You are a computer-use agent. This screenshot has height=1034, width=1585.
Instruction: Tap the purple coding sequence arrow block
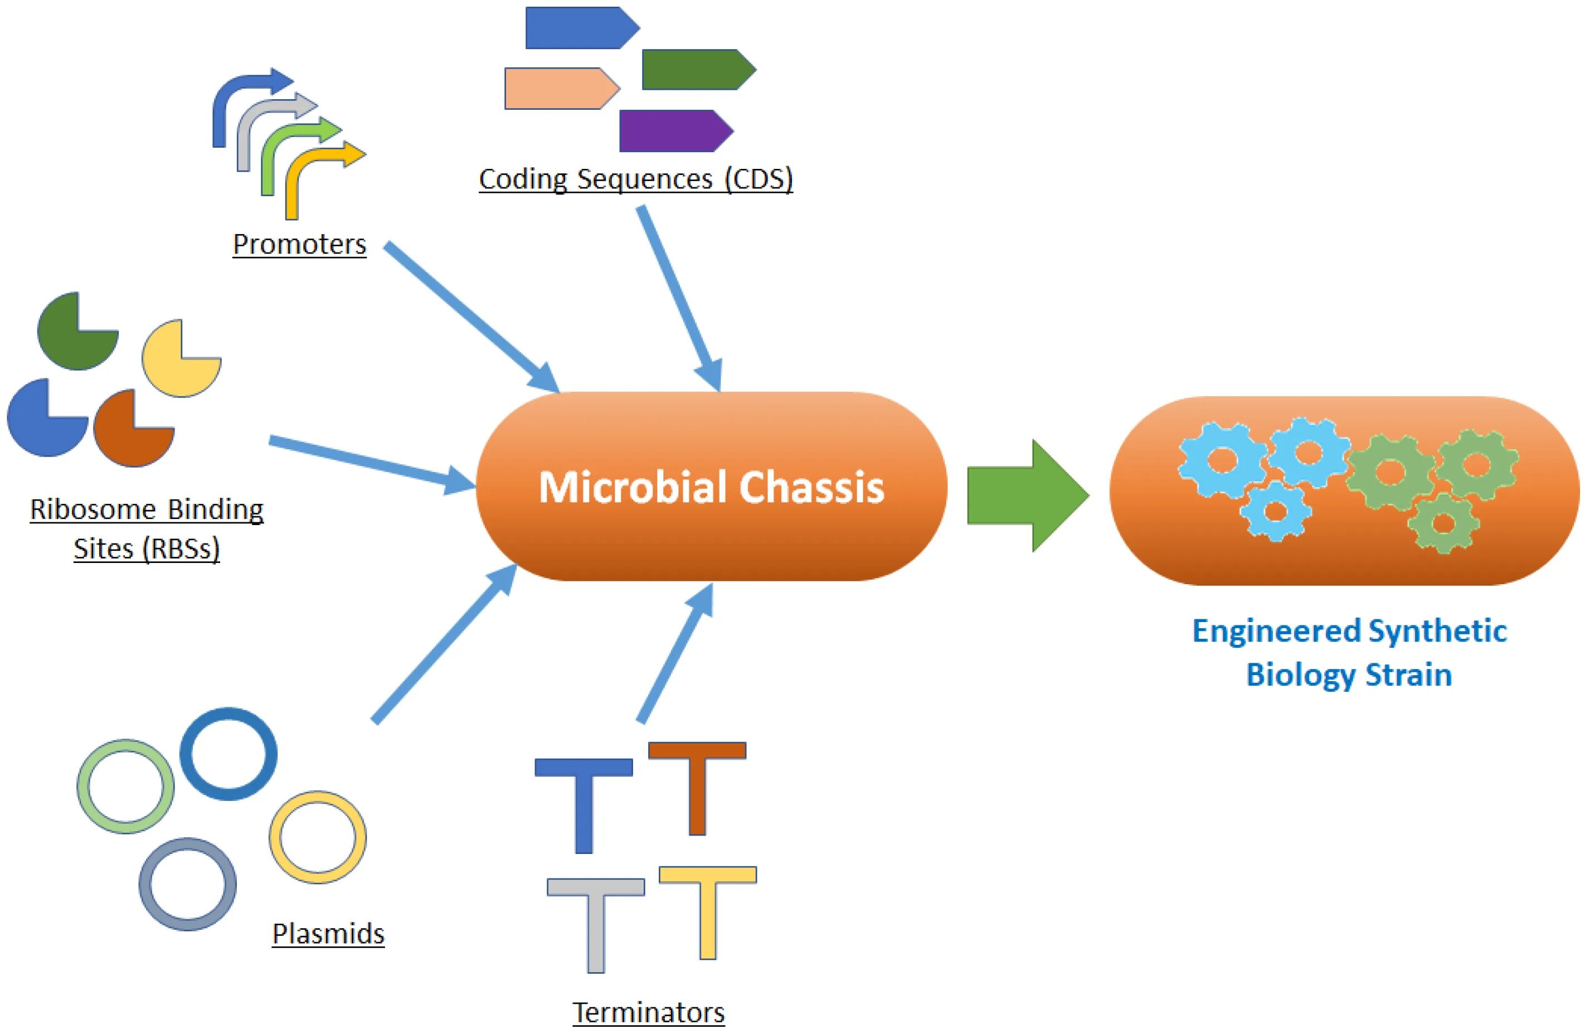tap(677, 130)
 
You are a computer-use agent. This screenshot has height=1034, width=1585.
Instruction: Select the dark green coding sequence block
tap(699, 69)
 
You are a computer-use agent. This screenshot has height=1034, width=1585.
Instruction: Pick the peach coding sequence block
tap(563, 89)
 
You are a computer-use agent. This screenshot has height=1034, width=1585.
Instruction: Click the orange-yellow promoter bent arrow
tap(324, 178)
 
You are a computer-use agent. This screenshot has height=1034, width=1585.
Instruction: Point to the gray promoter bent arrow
tap(277, 131)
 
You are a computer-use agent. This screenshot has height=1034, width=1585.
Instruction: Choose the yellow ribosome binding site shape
tap(181, 358)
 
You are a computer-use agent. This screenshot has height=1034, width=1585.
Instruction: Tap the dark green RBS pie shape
tap(78, 331)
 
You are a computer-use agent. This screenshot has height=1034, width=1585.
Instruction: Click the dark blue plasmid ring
tap(228, 754)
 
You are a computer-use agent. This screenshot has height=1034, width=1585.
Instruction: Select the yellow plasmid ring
tap(318, 837)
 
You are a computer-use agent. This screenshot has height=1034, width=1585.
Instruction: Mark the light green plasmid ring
tap(126, 786)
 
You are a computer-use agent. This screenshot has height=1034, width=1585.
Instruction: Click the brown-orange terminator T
tap(697, 788)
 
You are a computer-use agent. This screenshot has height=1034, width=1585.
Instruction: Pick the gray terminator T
tap(596, 925)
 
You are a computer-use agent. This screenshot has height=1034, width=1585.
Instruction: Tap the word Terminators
tap(649, 1012)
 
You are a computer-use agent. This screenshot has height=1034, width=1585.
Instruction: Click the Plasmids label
tap(328, 934)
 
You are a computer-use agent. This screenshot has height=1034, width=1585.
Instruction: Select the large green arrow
tap(1028, 495)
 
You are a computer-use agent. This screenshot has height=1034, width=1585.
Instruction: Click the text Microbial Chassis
tap(711, 487)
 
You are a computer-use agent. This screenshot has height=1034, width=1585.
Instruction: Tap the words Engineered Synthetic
tap(1349, 631)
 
